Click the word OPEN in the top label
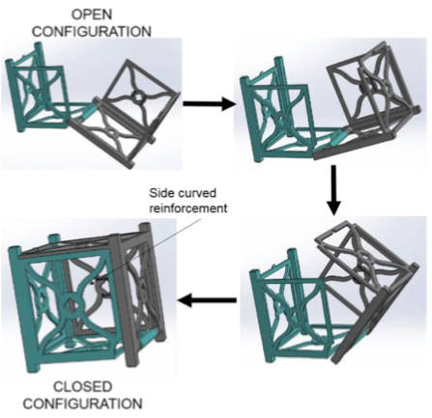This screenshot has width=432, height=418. click(x=92, y=14)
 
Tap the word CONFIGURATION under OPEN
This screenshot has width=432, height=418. click(x=92, y=32)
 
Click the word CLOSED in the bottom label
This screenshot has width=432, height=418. click(x=82, y=387)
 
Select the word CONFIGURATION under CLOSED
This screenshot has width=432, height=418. click(x=83, y=404)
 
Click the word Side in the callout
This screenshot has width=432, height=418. click(x=160, y=193)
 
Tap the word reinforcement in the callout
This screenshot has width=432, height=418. click(x=188, y=209)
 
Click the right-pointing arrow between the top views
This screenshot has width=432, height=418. click(x=209, y=103)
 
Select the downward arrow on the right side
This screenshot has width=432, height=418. click(x=333, y=190)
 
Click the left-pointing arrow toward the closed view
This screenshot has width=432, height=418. click(x=207, y=301)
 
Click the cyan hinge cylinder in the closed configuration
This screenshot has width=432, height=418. click(x=149, y=336)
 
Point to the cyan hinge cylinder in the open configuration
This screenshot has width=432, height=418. click(x=88, y=111)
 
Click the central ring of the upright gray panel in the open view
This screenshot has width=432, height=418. click(x=137, y=97)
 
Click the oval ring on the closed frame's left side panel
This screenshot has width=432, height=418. click(x=41, y=298)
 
